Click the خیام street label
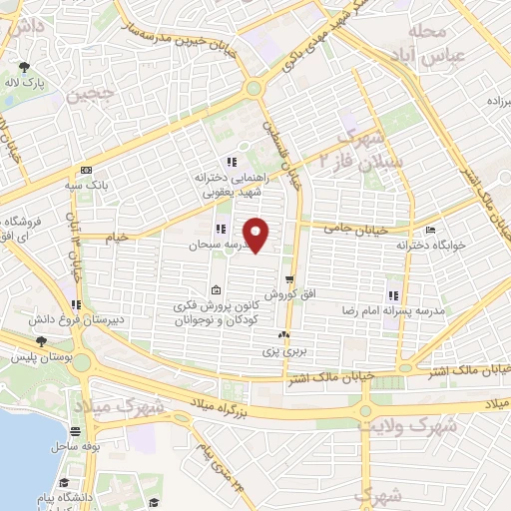coord(118,237)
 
